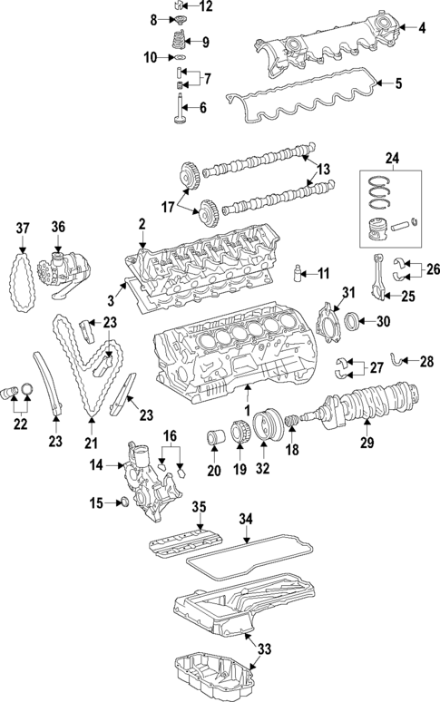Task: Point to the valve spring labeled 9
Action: pos(179,41)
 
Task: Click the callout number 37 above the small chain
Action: pos(23,227)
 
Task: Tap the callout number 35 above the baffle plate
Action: pos(200,506)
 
